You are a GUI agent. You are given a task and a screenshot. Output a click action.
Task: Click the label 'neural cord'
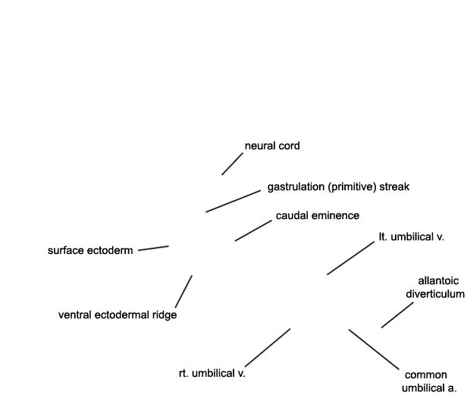point(272,146)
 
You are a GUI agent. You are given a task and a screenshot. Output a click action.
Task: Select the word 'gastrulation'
point(296,187)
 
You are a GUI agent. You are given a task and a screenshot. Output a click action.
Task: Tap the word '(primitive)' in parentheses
point(352,187)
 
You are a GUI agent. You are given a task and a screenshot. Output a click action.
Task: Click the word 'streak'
point(394,187)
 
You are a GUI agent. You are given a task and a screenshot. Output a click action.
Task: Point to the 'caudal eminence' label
point(318,215)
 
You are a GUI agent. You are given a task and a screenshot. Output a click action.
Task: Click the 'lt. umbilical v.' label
point(411,237)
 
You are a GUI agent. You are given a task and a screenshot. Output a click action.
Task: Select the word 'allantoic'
point(438,281)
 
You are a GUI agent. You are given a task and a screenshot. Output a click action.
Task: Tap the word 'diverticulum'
point(435,294)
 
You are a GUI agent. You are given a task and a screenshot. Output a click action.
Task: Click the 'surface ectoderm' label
point(90,250)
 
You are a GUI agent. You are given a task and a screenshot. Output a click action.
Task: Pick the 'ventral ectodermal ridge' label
point(117,315)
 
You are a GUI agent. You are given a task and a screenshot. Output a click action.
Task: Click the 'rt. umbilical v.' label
point(212,374)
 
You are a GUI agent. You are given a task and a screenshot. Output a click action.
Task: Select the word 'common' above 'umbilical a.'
point(425,375)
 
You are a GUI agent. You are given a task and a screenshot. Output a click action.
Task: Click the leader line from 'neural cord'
point(232,164)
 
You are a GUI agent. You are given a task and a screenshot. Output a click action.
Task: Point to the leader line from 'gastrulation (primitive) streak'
point(233,201)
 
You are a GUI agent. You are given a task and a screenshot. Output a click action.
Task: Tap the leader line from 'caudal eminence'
point(253,230)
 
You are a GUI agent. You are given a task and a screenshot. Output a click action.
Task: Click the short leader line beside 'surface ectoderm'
point(153,248)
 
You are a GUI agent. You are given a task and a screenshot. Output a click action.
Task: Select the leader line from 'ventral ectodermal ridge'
point(183,291)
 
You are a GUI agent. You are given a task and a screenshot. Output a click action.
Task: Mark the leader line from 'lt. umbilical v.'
point(351,258)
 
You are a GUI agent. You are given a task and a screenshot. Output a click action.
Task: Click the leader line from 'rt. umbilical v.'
point(268,347)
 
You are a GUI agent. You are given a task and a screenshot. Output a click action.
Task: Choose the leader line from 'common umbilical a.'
point(374,350)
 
